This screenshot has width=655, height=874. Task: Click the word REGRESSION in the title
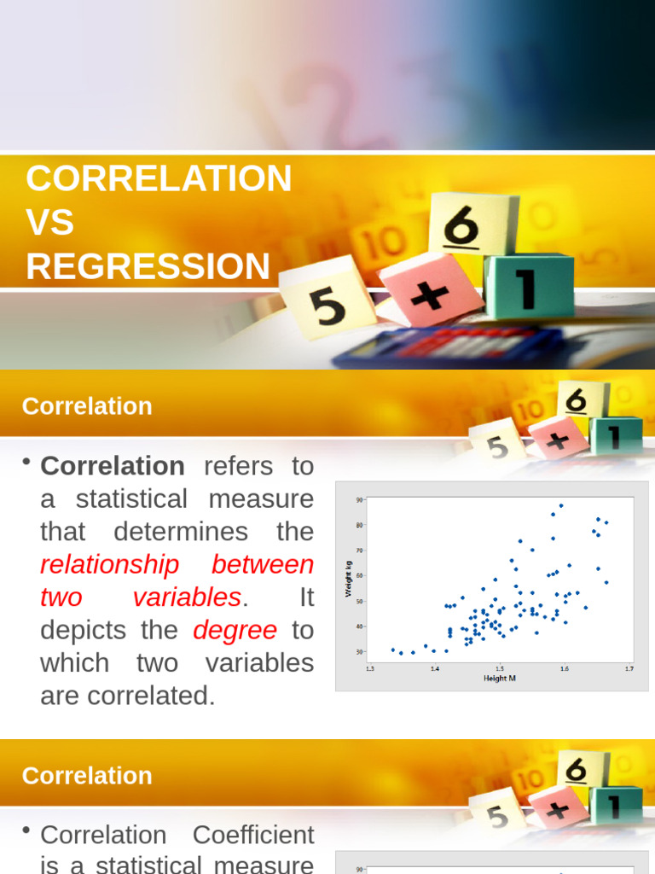148,266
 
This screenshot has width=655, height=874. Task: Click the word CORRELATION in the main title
159,178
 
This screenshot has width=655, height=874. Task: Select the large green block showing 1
529,286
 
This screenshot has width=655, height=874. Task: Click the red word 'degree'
235,630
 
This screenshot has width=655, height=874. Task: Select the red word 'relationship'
110,564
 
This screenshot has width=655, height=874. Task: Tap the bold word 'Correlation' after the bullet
113,466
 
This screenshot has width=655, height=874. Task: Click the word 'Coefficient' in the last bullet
253,835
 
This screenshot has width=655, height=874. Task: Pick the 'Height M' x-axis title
500,679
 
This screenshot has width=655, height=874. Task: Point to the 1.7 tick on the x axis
629,669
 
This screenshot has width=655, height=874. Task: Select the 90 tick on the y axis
360,499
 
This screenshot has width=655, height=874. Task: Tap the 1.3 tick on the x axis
369,669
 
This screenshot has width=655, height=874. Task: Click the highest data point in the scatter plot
560,505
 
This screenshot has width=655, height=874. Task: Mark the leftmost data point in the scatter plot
392,650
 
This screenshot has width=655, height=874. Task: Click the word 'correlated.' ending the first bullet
128,696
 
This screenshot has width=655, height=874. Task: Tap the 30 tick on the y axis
360,652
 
